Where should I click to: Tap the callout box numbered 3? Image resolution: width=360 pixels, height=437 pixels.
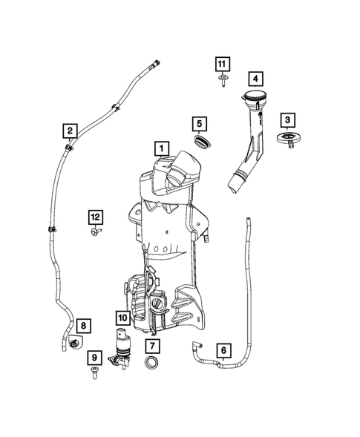point(287,119)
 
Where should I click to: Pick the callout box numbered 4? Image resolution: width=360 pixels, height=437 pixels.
point(255,78)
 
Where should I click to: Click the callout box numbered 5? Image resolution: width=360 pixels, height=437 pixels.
point(199,122)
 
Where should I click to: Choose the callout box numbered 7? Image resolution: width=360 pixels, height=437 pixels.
point(151,346)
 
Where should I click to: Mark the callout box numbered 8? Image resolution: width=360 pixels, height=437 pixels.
point(83,325)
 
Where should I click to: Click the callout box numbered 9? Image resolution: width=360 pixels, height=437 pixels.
point(94,358)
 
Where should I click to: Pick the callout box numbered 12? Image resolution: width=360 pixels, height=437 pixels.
point(96,217)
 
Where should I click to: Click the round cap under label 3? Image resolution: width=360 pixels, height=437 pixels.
point(287,139)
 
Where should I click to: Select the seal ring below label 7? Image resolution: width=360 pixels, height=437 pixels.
point(151,364)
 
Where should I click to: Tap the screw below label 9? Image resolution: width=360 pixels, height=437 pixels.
point(94,375)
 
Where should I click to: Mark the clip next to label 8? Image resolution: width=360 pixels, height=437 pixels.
point(75,343)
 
